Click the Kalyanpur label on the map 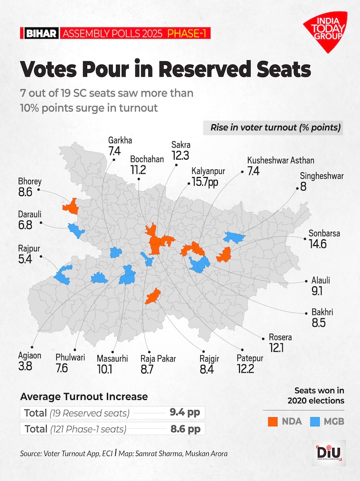(208, 171)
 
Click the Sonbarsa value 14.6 (318, 245)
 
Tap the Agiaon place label (30, 356)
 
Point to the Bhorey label (30, 182)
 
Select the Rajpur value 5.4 (25, 259)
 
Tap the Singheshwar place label (322, 176)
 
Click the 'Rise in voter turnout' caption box (275, 128)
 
